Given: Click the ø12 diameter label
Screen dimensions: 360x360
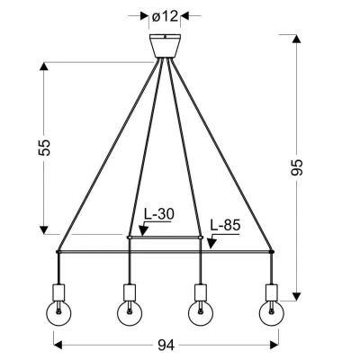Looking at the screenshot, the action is tap(165, 16).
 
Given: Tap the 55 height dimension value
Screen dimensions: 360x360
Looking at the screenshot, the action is tap(44, 148).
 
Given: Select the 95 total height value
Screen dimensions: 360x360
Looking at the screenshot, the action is tap(297, 167).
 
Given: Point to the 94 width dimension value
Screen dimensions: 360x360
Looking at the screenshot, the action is tap(166, 346).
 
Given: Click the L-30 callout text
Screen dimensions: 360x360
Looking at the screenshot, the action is tap(158, 214).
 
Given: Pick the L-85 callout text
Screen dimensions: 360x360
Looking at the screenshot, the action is tap(225, 225).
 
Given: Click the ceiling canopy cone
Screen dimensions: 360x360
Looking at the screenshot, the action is tap(165, 46).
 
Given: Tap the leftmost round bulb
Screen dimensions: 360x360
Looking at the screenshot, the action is tap(58, 313).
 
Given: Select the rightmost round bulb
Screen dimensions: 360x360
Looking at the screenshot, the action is tap(272, 313).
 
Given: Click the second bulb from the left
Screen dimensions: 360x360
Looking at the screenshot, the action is tap(130, 313).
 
